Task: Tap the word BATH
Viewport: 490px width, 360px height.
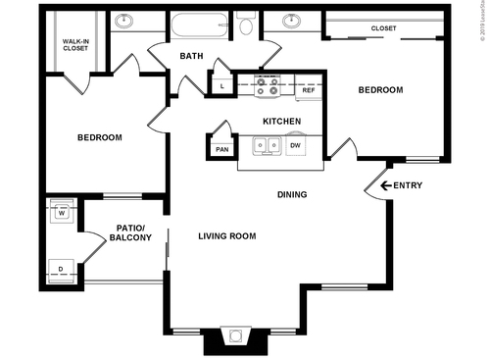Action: click(191, 57)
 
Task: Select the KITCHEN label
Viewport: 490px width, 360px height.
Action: click(281, 122)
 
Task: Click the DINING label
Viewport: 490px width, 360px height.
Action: click(291, 194)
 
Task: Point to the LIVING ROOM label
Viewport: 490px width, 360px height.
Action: click(226, 236)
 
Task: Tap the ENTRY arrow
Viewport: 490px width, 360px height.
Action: click(374, 186)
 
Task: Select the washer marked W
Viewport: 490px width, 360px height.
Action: click(61, 212)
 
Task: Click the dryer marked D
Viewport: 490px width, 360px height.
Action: click(61, 270)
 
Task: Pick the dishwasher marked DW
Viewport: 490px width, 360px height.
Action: click(294, 146)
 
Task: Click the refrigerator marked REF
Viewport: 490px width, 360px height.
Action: click(308, 90)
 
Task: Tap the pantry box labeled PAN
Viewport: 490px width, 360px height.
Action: click(221, 149)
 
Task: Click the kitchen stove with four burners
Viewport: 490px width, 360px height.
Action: click(268, 88)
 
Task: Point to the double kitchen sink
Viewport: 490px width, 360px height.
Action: click(266, 146)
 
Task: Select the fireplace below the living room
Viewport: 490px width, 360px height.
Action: click(235, 339)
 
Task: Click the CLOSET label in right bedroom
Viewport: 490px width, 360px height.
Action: click(384, 28)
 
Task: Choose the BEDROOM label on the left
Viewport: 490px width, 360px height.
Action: click(100, 137)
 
